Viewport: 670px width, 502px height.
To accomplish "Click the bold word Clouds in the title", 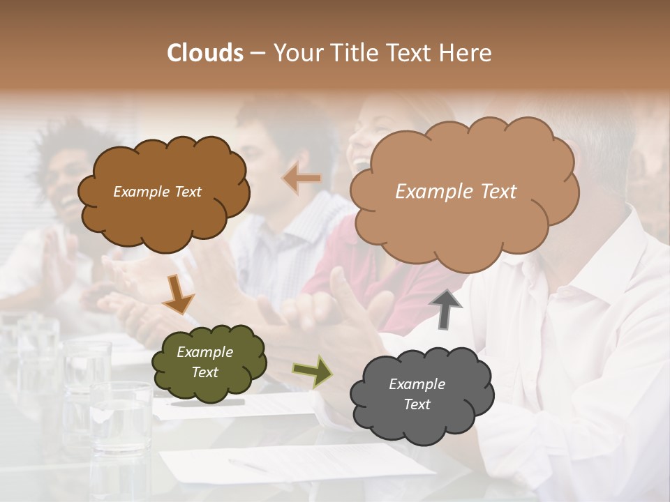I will tap(204, 53).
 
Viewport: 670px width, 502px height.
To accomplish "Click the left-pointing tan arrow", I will tap(301, 178).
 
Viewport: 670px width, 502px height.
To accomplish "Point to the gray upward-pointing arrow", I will tap(447, 309).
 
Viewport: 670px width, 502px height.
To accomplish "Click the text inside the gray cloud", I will tap(417, 394).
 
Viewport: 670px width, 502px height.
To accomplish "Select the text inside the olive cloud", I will tap(204, 362).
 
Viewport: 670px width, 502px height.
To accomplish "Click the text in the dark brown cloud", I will tap(157, 192).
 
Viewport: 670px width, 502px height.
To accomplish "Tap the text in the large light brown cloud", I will tap(456, 192).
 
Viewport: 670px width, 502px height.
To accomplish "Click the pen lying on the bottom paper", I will tap(247, 464).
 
